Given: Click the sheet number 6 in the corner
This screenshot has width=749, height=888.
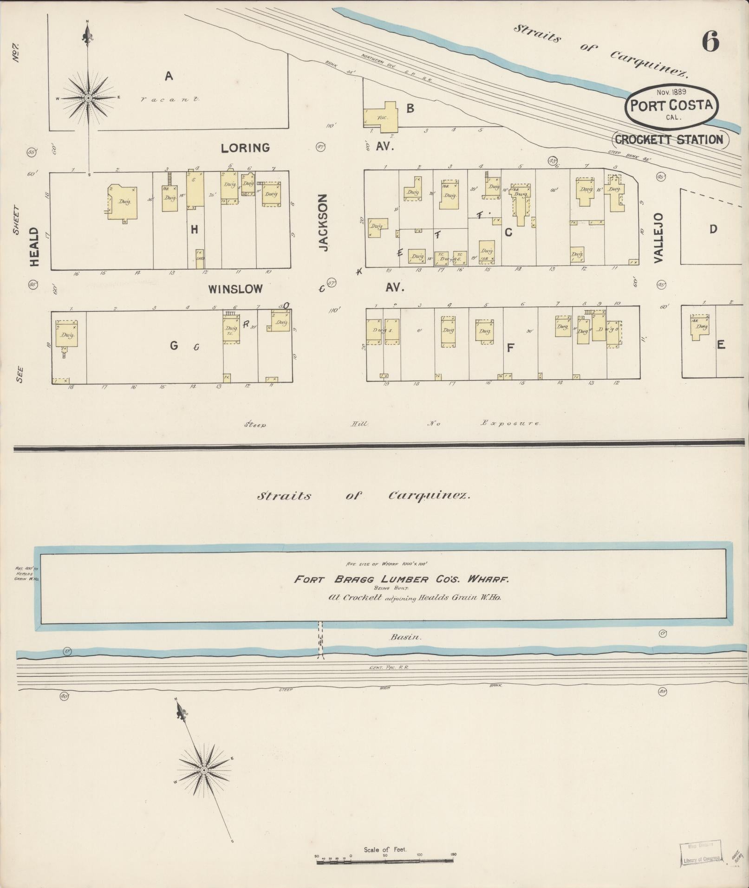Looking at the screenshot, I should pyautogui.click(x=710, y=41).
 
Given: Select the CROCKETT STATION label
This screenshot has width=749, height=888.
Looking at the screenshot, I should pyautogui.click(x=670, y=139).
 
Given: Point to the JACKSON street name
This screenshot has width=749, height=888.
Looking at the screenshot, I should pyautogui.click(x=323, y=223).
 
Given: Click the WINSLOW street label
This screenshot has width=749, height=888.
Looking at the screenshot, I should pyautogui.click(x=235, y=289).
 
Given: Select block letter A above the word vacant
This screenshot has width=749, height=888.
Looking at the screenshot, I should pyautogui.click(x=169, y=76).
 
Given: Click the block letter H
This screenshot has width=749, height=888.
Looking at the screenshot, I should pyautogui.click(x=194, y=229).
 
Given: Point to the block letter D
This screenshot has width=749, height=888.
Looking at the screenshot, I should pyautogui.click(x=713, y=228).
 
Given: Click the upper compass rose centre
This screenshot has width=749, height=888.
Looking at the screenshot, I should pyautogui.click(x=88, y=98).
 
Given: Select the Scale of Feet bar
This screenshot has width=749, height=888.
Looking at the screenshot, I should pyautogui.click(x=385, y=862).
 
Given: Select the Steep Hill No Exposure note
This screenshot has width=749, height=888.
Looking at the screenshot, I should pyautogui.click(x=392, y=423).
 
